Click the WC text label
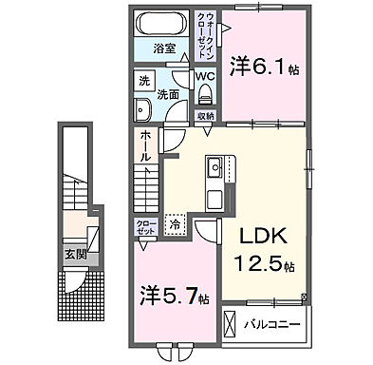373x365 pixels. (206, 74)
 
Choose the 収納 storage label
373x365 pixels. (205, 115)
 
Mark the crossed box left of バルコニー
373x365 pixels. (232, 323)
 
